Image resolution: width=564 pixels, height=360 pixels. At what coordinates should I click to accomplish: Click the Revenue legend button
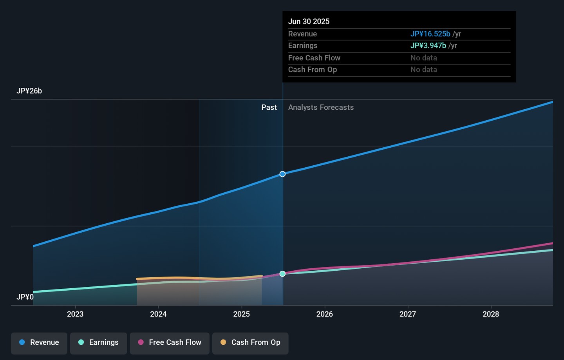39,343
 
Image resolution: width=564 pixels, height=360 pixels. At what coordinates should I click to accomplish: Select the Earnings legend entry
98,343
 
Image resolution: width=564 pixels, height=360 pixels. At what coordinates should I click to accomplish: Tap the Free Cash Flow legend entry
170,343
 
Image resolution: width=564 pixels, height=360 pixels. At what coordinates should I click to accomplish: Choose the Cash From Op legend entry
250,343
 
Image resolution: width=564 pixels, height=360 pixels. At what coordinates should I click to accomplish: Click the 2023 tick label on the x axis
75,314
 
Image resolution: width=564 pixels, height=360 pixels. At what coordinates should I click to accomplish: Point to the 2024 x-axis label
158,314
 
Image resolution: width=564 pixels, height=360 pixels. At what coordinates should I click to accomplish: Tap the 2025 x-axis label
242,314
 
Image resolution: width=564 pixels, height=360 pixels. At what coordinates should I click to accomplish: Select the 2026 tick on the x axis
325,314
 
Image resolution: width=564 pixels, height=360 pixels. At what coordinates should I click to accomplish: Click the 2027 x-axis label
408,314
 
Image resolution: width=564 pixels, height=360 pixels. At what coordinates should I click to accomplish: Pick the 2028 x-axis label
491,314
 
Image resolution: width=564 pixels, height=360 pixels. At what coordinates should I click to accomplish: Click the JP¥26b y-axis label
29,91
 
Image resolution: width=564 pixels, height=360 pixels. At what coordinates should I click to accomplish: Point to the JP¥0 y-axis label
25,297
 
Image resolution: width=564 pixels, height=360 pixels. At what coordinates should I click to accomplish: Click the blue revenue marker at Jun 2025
282,174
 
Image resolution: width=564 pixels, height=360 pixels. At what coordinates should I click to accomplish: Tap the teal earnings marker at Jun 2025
282,274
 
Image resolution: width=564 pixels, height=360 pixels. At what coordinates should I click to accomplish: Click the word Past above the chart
269,107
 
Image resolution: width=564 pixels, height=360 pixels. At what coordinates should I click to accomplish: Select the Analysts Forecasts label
321,107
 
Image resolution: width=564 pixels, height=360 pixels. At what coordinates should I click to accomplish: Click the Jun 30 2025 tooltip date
309,22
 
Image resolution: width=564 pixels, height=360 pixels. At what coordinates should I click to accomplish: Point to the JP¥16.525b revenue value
430,34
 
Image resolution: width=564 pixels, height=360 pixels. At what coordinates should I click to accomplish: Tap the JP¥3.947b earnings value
428,46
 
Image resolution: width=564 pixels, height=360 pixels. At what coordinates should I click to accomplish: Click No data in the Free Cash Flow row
424,58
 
